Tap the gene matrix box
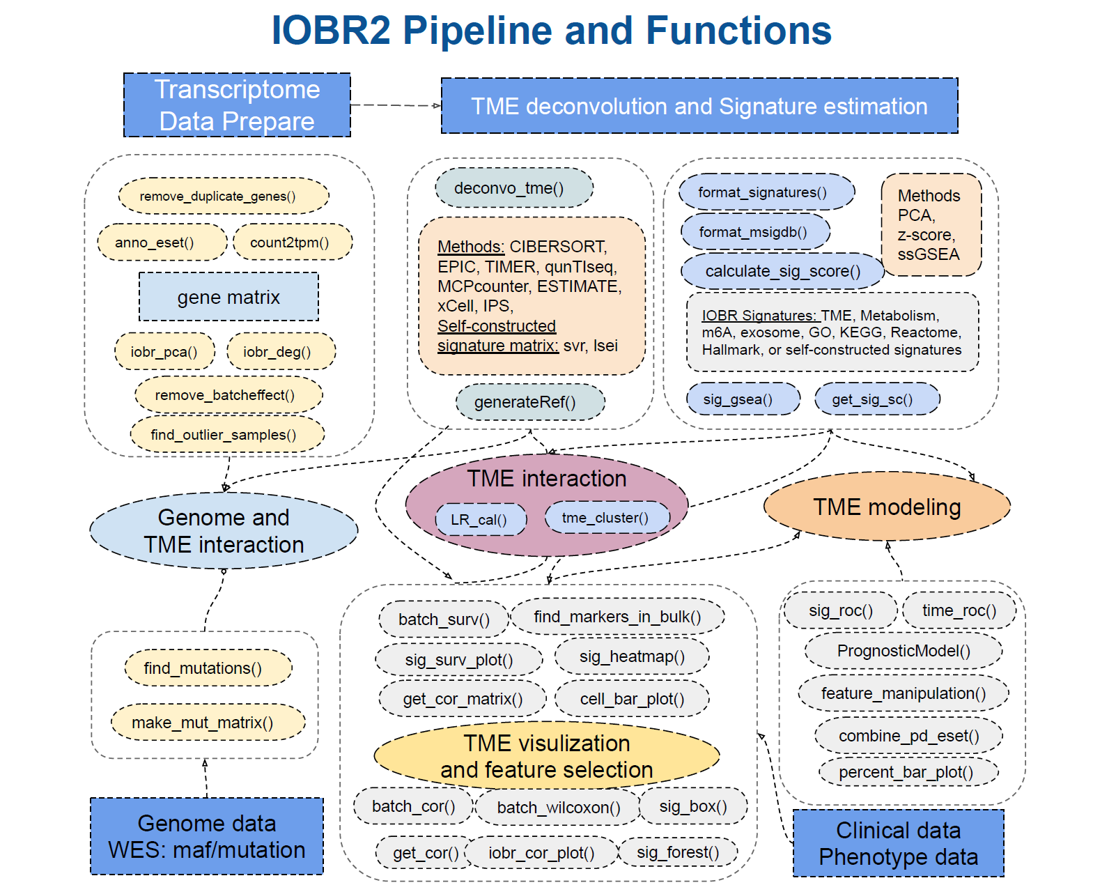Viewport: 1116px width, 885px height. (x=228, y=297)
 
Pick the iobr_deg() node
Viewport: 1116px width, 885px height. (x=280, y=352)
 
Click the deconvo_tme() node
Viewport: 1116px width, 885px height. (x=513, y=188)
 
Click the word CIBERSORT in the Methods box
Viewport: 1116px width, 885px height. (x=558, y=247)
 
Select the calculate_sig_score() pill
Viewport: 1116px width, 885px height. (x=782, y=271)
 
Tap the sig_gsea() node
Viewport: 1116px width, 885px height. (x=742, y=399)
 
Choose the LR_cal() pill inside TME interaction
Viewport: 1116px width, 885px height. (x=480, y=519)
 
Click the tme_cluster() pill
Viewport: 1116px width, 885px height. (x=606, y=518)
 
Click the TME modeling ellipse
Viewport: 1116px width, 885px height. (x=886, y=507)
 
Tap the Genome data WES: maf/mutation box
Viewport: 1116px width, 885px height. (x=207, y=836)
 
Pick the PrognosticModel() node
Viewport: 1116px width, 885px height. (x=903, y=651)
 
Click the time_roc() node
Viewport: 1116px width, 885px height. (x=959, y=610)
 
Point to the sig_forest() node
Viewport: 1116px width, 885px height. (x=677, y=852)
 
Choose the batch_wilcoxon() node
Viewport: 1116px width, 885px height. (x=558, y=808)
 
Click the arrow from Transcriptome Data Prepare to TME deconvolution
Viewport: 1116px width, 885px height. (x=396, y=105)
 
